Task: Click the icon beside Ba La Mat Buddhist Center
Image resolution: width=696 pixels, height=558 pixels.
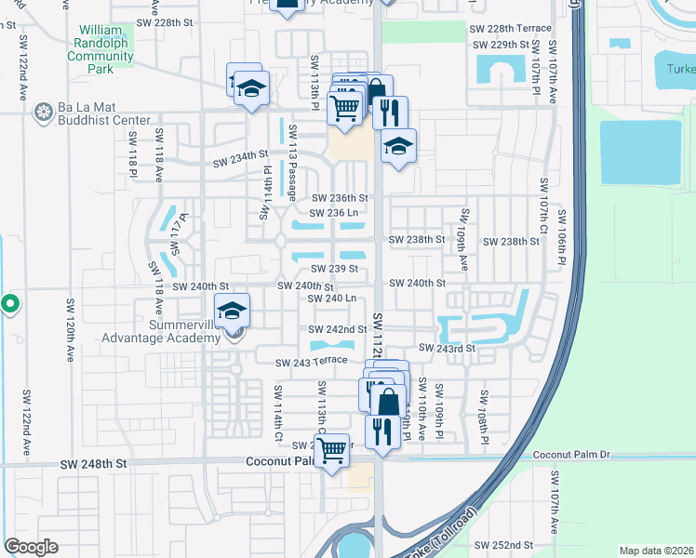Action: tap(43, 113)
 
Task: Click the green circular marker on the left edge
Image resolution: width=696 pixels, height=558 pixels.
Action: tap(9, 304)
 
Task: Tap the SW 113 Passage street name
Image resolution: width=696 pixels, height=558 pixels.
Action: tap(292, 163)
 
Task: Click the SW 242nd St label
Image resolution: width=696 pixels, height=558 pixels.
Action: tap(339, 330)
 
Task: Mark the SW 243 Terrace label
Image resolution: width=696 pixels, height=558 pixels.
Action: tap(311, 361)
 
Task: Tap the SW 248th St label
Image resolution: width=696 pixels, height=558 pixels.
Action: tap(91, 463)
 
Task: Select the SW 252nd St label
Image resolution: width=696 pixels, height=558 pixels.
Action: tap(502, 545)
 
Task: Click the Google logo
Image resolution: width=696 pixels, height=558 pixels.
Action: tap(32, 547)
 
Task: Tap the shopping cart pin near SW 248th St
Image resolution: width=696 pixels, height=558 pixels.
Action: tap(331, 451)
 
